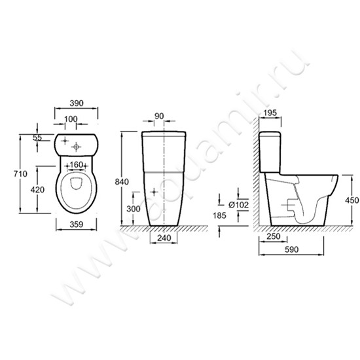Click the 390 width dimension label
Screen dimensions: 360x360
77,103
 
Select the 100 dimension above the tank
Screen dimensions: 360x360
71,119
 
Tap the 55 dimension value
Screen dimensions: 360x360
37,137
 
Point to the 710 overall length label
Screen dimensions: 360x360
20,174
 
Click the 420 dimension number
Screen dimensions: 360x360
37,190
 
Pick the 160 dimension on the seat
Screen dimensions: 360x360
76,164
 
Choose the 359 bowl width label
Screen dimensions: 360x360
76,225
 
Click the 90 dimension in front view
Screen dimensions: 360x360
159,116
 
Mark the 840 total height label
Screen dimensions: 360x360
122,182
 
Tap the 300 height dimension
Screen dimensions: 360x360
134,209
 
